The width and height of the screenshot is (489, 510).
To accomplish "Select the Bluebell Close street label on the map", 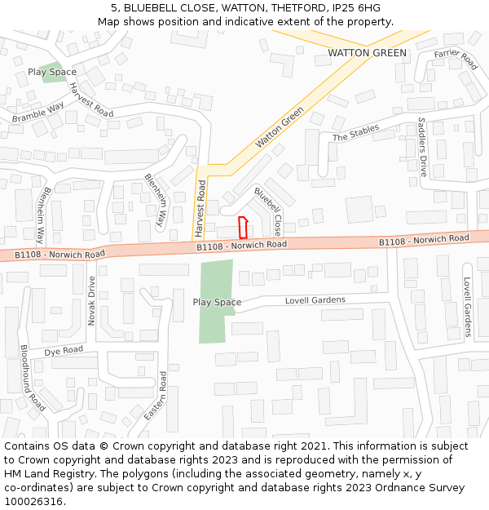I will (268, 210).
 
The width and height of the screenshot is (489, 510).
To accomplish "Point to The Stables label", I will (355, 134).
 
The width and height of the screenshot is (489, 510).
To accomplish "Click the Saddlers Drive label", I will (422, 148).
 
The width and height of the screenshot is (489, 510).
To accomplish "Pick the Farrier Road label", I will (456, 59).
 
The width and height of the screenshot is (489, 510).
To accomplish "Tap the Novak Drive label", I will (91, 300).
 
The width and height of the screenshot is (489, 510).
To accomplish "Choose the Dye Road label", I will (64, 351).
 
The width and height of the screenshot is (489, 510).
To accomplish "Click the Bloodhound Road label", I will (33, 376).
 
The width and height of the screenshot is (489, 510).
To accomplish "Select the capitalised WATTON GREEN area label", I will (367, 53).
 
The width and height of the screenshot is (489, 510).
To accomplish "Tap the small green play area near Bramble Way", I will (51, 73).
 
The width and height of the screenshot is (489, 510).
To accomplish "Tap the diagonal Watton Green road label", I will (280, 127).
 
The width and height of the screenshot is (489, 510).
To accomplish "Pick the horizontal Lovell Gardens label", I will (315, 300).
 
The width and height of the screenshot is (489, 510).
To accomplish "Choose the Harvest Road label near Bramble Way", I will (90, 99).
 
